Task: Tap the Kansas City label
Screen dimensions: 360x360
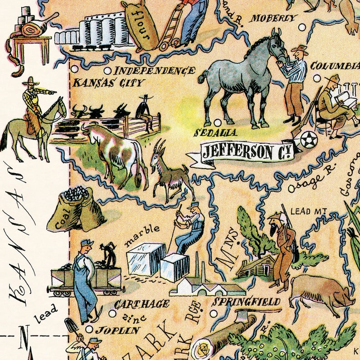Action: [109, 83]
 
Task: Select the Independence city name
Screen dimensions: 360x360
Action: [154, 71]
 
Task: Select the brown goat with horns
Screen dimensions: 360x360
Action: [171, 172]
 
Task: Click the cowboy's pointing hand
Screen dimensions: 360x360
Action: [54, 92]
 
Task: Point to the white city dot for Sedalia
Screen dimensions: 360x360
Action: [216, 122]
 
